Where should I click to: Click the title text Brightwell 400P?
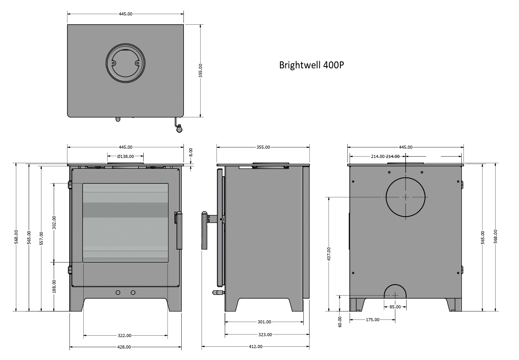point(311,65)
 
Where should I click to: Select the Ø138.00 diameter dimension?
point(126,156)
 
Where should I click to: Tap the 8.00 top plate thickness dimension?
point(190,151)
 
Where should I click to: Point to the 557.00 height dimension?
point(41,237)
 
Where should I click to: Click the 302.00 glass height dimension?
point(54,221)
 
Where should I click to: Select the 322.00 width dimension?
point(125,336)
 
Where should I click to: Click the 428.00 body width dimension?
point(125,347)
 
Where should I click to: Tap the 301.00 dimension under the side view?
point(264,322)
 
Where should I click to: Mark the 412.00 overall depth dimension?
point(255,347)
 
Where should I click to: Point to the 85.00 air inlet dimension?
point(395,307)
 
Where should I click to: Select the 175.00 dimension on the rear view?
point(372,319)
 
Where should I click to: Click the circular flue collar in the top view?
point(125,64)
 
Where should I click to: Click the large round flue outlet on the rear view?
point(406,197)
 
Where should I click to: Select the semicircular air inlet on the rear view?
point(395,292)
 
